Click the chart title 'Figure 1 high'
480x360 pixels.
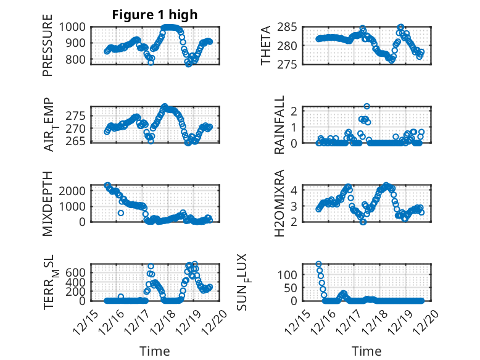tap(154, 15)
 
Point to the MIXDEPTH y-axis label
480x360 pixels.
tap(48, 203)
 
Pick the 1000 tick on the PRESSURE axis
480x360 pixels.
tap(77, 27)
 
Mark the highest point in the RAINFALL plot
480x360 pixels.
tap(366, 107)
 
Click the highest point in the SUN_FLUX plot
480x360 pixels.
tap(319, 264)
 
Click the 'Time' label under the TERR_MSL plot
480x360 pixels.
tap(154, 351)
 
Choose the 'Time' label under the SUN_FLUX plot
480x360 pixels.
tap(366, 351)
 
